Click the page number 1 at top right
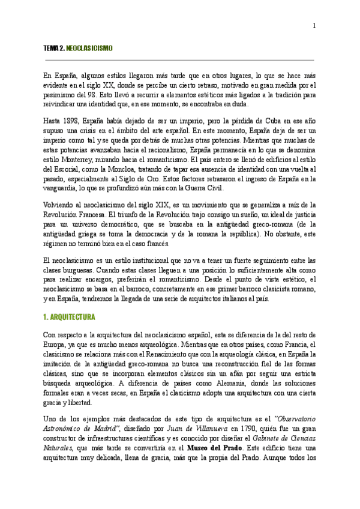tap(314, 25)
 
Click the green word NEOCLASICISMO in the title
tap(89, 47)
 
